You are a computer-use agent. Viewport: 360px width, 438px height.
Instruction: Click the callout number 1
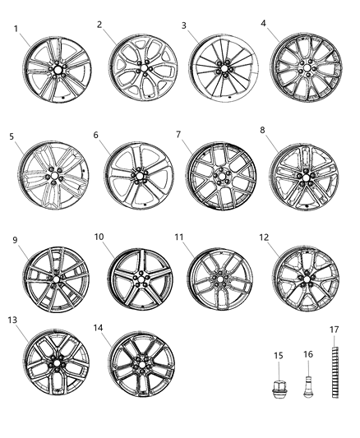point(16,29)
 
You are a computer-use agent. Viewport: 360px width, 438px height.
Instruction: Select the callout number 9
point(14,240)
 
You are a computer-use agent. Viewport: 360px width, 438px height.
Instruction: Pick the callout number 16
point(309,354)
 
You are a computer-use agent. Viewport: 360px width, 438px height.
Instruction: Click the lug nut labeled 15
point(279,385)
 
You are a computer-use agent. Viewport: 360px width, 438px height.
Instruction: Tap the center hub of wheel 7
point(219,176)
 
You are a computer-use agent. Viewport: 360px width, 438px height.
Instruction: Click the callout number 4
point(264,23)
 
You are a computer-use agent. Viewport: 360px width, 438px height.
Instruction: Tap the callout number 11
point(178,237)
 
